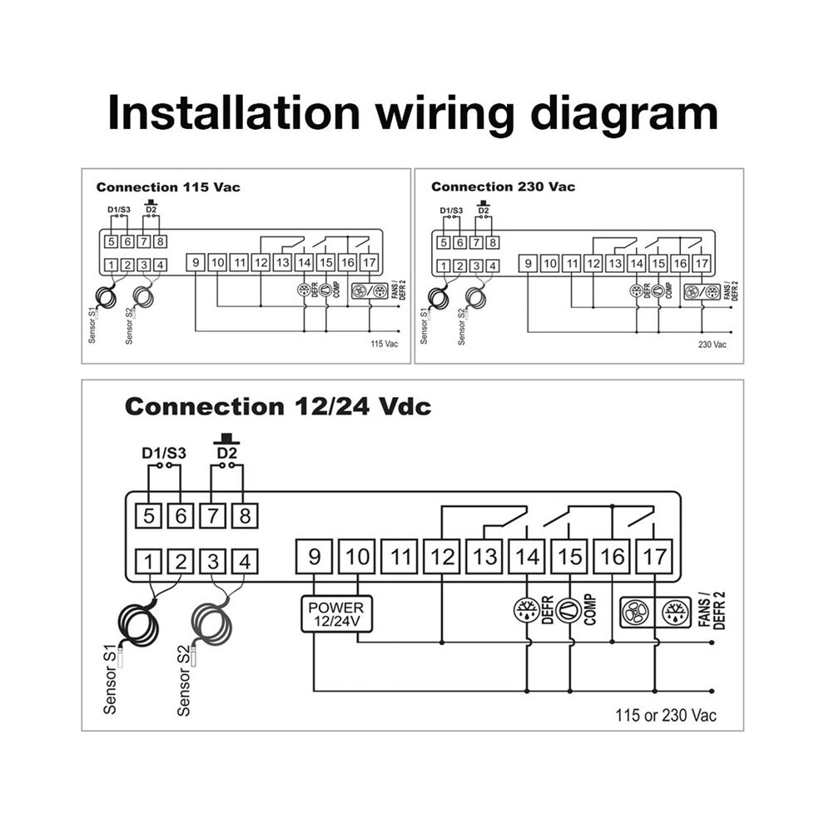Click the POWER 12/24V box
point(336,613)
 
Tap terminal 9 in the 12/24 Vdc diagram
point(315,557)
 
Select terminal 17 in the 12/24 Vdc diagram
point(654,557)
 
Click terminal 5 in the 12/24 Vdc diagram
point(149,515)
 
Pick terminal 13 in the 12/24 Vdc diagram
point(484,557)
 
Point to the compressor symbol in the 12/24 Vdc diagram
point(568,610)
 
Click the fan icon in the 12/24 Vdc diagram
point(636,613)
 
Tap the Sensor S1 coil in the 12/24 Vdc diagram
point(138,624)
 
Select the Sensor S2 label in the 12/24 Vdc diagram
point(183,685)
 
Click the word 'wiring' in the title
point(444,115)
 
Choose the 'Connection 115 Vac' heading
point(168,187)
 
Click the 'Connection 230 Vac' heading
point(503,186)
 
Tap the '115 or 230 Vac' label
point(666,715)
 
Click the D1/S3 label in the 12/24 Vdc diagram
point(164,453)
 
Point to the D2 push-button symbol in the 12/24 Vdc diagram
point(226,439)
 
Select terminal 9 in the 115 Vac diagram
point(196,262)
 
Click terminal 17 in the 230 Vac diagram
point(702,263)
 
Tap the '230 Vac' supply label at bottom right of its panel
point(712,345)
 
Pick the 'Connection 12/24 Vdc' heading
point(278,407)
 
